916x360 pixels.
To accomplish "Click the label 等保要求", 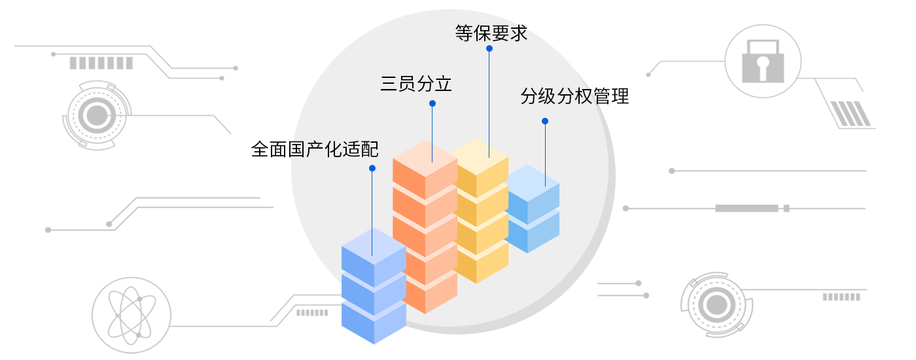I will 491,33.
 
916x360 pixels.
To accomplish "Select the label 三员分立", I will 416,84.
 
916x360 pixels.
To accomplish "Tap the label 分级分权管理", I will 574,97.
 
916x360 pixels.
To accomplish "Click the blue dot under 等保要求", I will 489,48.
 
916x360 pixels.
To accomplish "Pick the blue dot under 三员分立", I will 432,103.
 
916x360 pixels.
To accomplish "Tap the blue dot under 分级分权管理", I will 545,121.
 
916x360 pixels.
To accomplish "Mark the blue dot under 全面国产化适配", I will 372,168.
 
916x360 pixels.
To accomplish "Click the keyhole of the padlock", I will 762,65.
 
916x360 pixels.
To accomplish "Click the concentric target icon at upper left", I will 97,116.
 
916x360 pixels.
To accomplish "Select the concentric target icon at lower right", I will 716,304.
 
